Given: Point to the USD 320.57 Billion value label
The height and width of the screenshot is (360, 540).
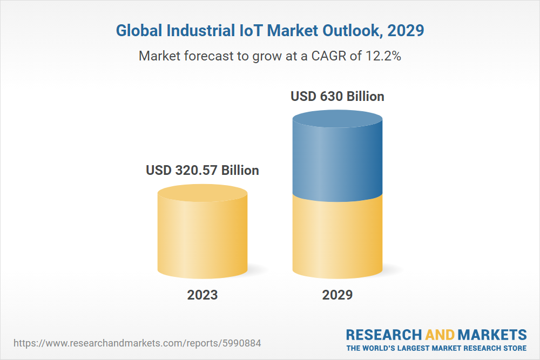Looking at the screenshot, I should coord(202,171).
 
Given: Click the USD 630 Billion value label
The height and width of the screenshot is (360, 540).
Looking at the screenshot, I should coord(337,97).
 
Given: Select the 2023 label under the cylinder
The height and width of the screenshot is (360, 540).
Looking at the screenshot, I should coord(202,295).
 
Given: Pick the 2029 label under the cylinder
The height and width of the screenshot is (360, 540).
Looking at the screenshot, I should coord(337,295).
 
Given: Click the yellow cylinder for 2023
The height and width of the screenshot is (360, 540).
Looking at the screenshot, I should coord(202,237).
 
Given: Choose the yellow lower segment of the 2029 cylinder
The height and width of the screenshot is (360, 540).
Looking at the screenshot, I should coord(337,237).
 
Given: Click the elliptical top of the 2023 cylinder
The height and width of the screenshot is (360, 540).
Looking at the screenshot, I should coord(202,193).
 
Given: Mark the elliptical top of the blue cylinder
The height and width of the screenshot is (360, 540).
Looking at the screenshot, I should coord(337,119).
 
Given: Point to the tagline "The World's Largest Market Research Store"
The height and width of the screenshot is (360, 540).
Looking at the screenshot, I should coord(436,348).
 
